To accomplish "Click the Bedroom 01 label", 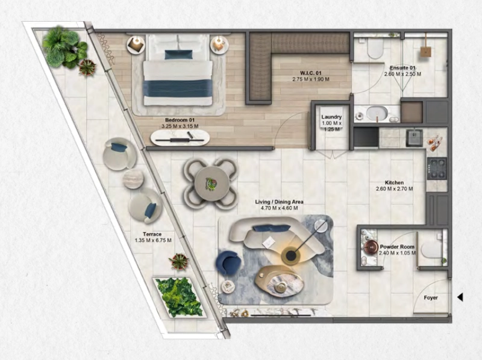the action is pyautogui.click(x=180, y=120).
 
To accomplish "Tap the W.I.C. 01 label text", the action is pyautogui.click(x=311, y=73).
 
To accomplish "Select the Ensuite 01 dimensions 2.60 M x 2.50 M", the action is pyautogui.click(x=402, y=74).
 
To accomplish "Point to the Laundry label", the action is pyautogui.click(x=331, y=117).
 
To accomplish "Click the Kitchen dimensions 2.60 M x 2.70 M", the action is pyautogui.click(x=395, y=189).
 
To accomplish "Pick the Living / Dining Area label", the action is pyautogui.click(x=279, y=202).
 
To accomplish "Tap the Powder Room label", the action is pyautogui.click(x=397, y=247).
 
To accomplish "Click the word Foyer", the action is pyautogui.click(x=431, y=297).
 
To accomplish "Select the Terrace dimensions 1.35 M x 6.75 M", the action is pyautogui.click(x=153, y=240).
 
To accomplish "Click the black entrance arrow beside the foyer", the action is pyautogui.click(x=460, y=297).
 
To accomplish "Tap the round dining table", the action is pyautogui.click(x=210, y=184).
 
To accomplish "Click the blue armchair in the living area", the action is pyautogui.click(x=228, y=262).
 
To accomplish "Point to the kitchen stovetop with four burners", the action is pyautogui.click(x=437, y=169).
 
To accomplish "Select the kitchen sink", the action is pyautogui.click(x=415, y=138).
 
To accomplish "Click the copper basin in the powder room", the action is pyautogui.click(x=371, y=246).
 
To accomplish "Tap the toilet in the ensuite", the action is pyautogui.click(x=375, y=48).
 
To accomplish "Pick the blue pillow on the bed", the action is pyautogui.click(x=178, y=54).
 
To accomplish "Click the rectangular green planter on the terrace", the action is pyautogui.click(x=179, y=297).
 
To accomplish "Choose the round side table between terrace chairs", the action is pyautogui.click(x=133, y=179).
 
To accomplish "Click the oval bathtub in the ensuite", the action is pyautogui.click(x=377, y=114).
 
